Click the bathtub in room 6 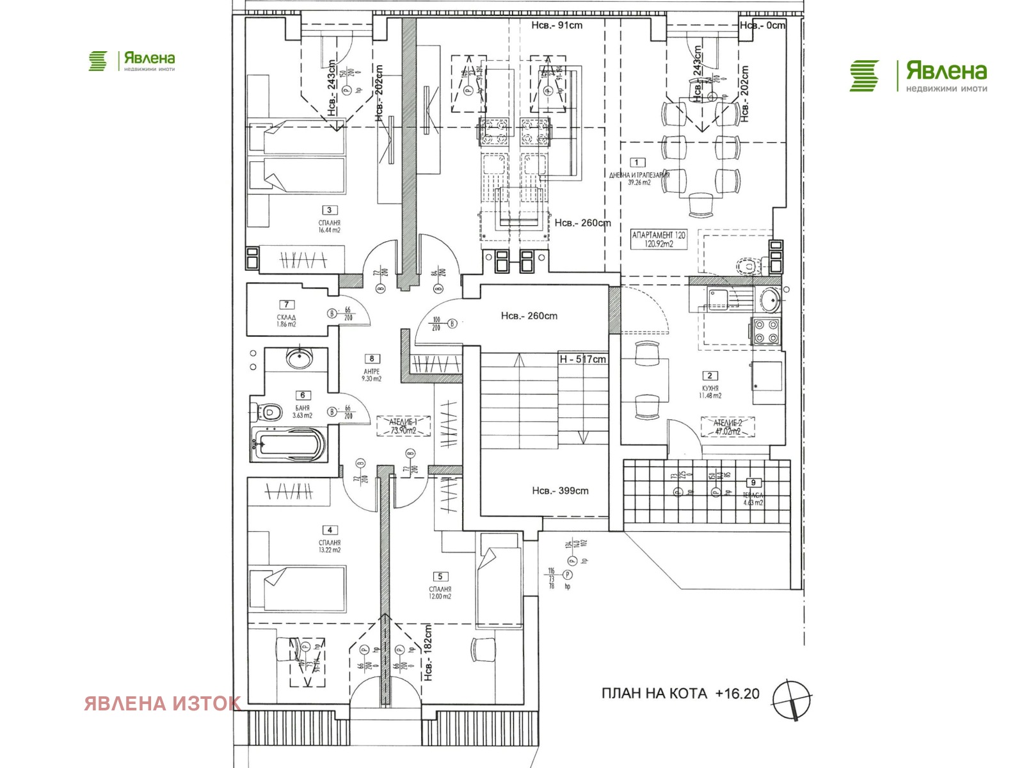click(289, 444)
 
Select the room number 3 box click(329, 210)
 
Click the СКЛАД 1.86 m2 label click(286, 321)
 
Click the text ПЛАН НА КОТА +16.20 click(680, 694)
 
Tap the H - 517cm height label click(582, 359)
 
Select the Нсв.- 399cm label click(560, 491)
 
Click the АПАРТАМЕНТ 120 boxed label click(659, 239)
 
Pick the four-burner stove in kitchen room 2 click(765, 332)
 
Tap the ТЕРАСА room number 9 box click(753, 483)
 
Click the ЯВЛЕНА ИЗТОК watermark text click(163, 703)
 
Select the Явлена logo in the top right click(918, 76)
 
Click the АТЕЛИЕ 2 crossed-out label click(728, 427)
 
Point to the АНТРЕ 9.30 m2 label click(371, 375)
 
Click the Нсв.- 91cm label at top click(557, 26)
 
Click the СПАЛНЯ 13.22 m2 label click(330, 546)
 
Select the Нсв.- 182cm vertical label click(428, 653)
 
